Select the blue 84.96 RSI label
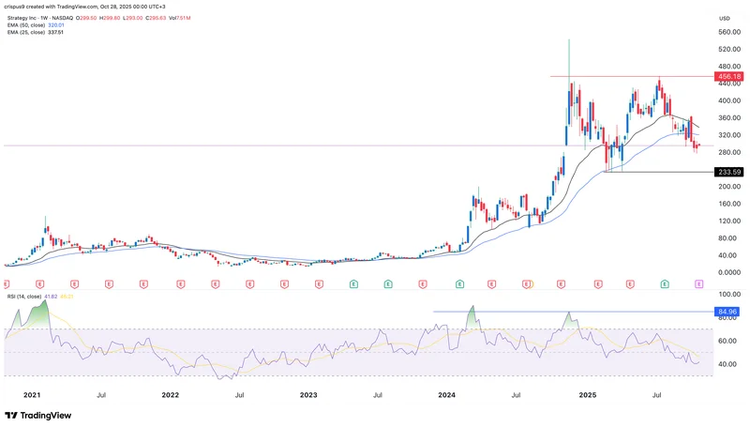[x=727, y=311]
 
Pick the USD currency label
[x=724, y=18]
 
